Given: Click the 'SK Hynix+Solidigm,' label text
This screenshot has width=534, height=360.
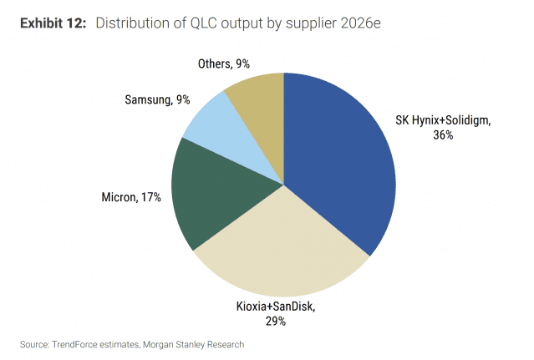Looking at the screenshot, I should pos(442,120).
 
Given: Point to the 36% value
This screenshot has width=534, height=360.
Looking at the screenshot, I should pos(442,134).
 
